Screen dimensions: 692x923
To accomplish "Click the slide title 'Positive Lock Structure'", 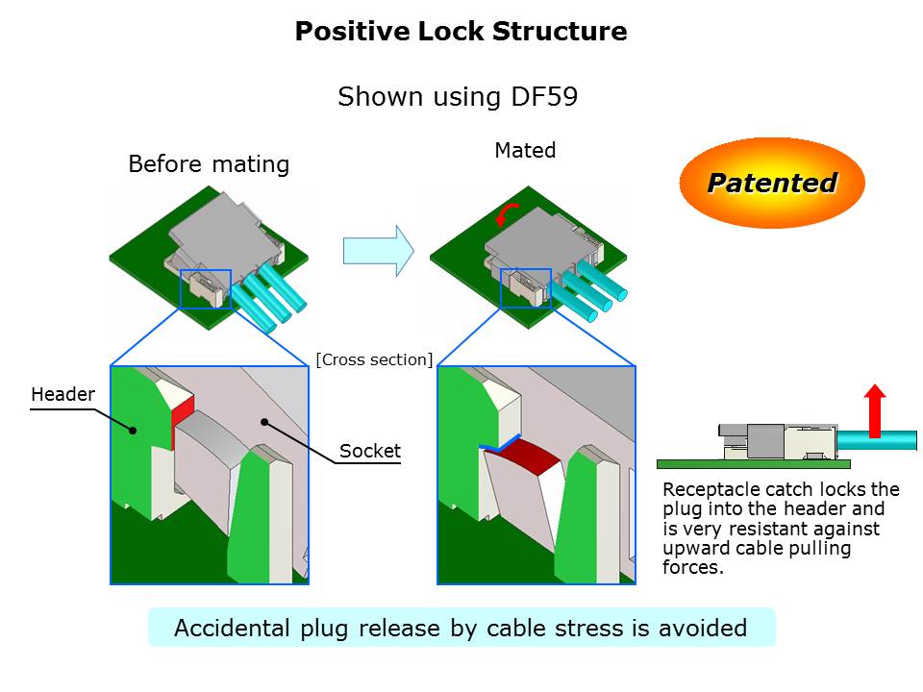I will [x=461, y=32].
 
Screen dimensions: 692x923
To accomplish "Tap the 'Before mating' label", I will [x=209, y=164].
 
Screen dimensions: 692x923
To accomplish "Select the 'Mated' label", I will [x=525, y=151].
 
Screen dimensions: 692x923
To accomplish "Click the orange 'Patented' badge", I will [x=771, y=183].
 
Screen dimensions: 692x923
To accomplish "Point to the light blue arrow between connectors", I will [x=378, y=251].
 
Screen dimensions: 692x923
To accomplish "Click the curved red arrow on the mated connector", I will [x=507, y=214].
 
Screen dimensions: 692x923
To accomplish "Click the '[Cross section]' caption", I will [x=374, y=359].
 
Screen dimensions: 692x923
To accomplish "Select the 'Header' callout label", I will [x=63, y=395].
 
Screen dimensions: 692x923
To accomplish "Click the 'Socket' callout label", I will [x=370, y=451].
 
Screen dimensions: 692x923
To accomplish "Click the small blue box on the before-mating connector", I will [x=206, y=287].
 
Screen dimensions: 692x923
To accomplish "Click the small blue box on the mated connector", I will [x=525, y=287].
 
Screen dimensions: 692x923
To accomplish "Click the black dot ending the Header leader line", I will [x=132, y=431].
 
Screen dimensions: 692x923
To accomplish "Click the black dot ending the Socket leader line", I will [x=264, y=421].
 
